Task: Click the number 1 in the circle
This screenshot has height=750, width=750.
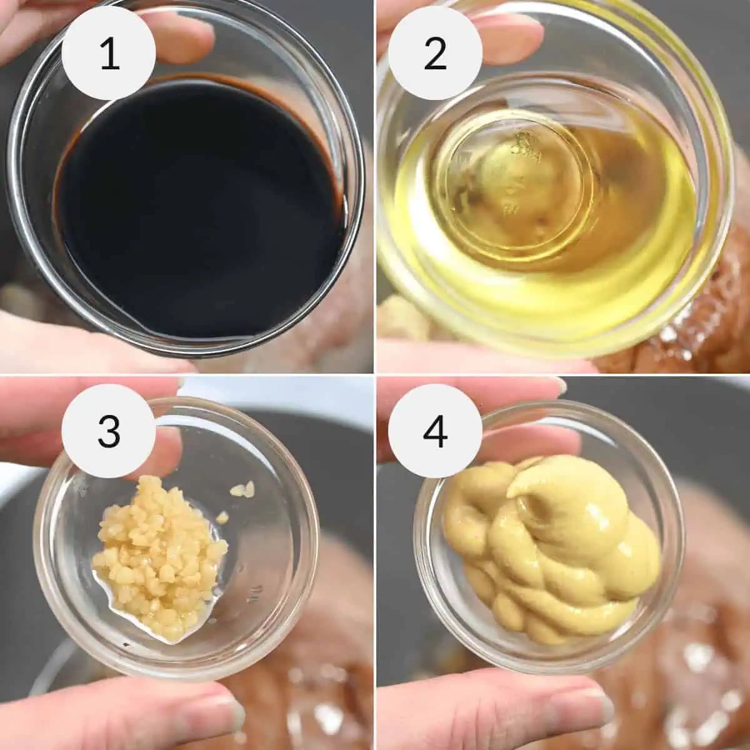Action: pyautogui.click(x=109, y=53)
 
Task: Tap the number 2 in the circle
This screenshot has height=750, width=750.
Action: pyautogui.click(x=435, y=53)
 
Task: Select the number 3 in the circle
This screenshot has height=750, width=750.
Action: pyautogui.click(x=109, y=432)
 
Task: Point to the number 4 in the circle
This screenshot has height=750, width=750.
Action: pyautogui.click(x=435, y=432)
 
